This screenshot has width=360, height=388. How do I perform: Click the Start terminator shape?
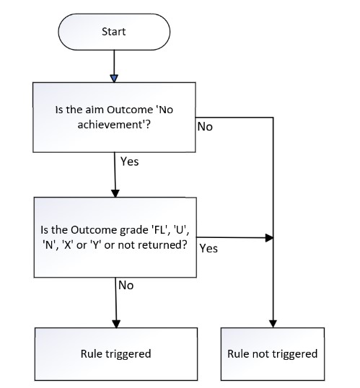point(114,32)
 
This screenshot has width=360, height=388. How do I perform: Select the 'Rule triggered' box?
point(116,354)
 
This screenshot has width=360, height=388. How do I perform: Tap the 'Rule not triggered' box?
point(273,354)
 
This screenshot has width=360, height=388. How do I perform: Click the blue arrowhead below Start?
point(114,79)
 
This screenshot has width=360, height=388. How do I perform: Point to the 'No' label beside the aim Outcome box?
point(205,127)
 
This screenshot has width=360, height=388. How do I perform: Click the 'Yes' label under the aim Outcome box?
point(129,162)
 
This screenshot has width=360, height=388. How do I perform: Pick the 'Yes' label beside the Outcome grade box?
point(208,248)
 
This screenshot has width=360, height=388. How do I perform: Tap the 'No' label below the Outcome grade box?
point(126,286)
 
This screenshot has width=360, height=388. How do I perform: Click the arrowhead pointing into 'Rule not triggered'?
point(273,324)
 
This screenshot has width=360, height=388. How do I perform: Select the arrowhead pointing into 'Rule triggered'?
point(116,324)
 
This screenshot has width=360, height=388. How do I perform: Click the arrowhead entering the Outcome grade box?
point(115,193)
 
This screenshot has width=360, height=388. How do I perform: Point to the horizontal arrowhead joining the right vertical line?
point(269,238)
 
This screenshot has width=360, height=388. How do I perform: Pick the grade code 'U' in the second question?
point(180,230)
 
